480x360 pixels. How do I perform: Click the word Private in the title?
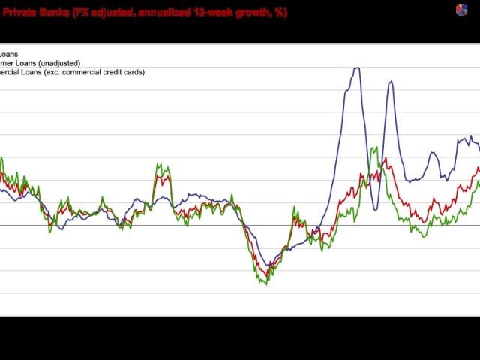coord(18,13)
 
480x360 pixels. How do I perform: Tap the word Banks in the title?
coord(54,13)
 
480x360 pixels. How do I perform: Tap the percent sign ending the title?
coord(279,13)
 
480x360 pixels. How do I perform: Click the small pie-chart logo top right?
coord(461,9)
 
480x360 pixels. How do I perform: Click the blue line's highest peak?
coord(356,68)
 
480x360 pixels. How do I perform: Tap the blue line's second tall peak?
coord(390,81)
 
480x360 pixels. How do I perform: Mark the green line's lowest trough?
coord(266,283)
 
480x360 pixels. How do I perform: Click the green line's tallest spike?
coord(373,148)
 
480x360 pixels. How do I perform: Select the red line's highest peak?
coord(385,158)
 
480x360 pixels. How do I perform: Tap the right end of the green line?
coord(478,182)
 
